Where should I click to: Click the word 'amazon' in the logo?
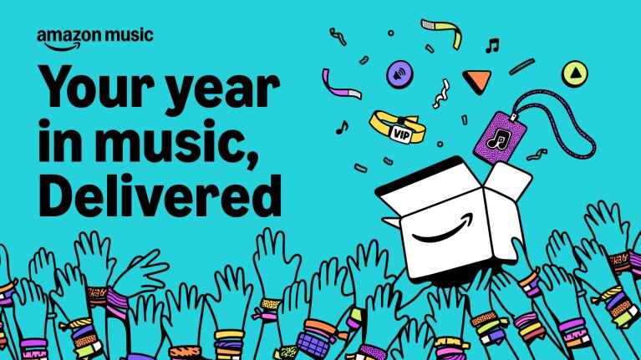64,38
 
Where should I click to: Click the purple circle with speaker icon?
398,74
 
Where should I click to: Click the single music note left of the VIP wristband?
341,128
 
